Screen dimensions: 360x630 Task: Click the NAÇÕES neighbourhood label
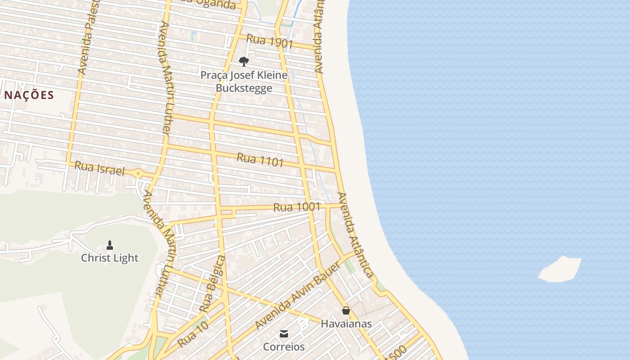click(x=29, y=95)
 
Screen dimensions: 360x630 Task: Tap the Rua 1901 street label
click(x=270, y=42)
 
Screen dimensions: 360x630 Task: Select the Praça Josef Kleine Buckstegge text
click(x=244, y=81)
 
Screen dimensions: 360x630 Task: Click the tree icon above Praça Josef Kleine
click(x=244, y=61)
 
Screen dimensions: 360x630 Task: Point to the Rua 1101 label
click(x=260, y=160)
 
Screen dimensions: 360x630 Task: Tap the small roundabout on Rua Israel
click(x=138, y=173)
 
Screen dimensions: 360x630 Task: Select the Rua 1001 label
click(x=297, y=207)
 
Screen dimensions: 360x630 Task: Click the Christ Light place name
click(x=110, y=258)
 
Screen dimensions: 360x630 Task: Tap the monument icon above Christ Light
click(x=109, y=245)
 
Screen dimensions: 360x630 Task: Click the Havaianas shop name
click(x=346, y=324)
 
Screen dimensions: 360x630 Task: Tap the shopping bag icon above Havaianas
click(x=346, y=310)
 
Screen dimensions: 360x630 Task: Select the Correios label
click(x=283, y=347)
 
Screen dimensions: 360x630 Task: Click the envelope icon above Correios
click(x=284, y=334)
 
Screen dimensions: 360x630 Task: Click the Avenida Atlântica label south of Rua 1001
click(x=355, y=235)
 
